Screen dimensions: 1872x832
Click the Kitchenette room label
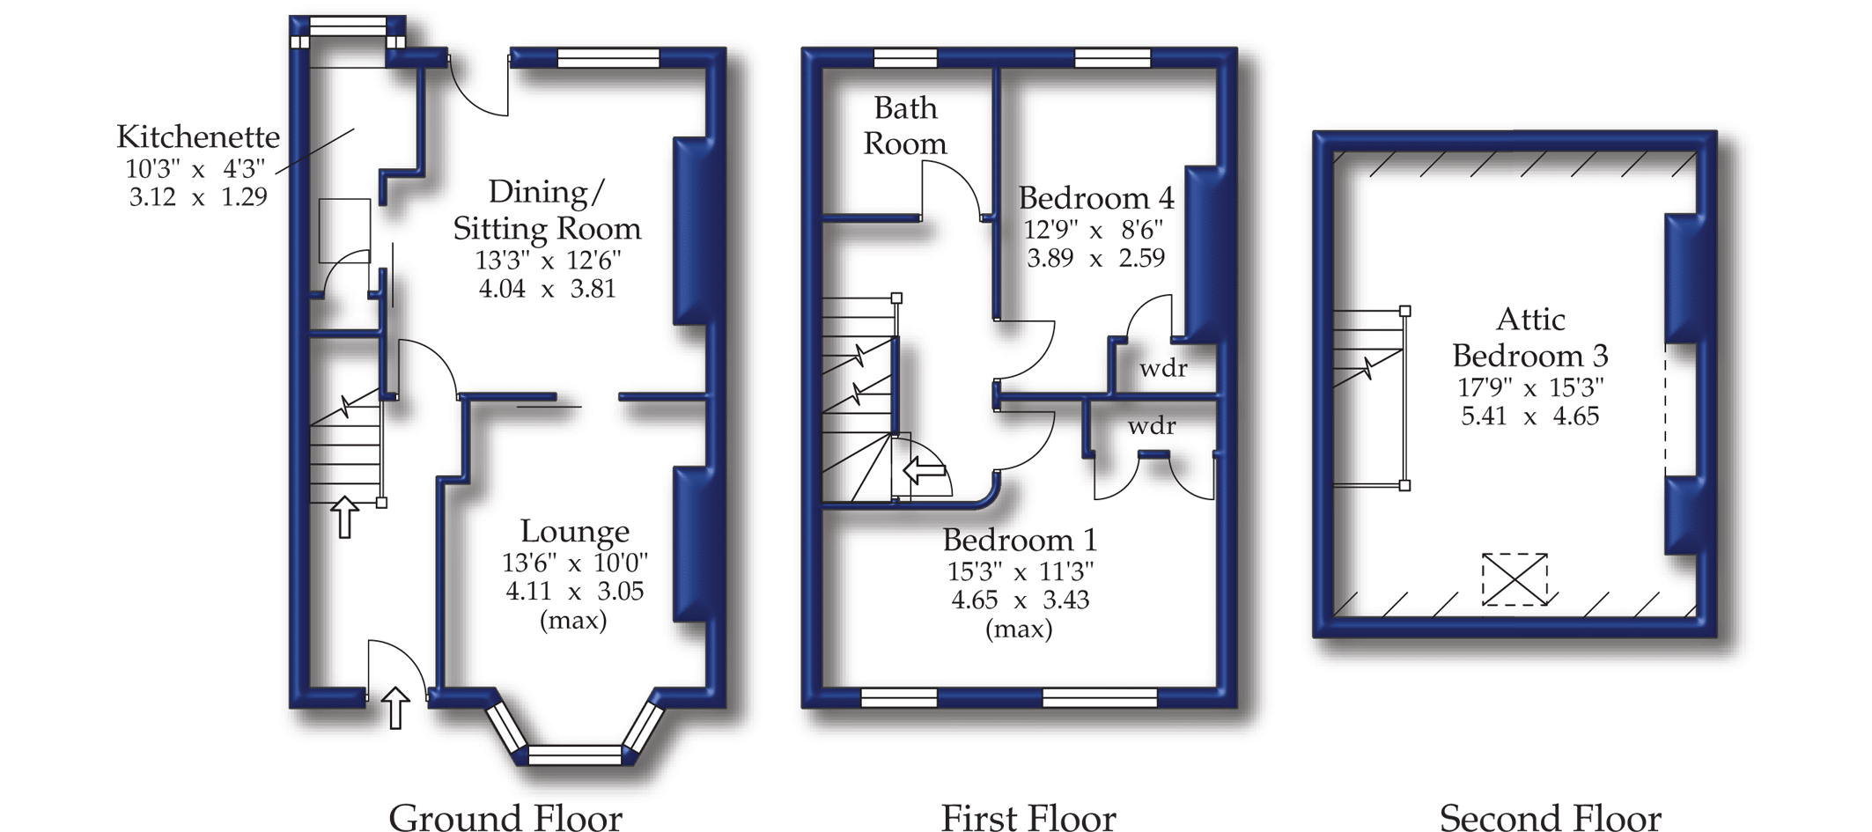pos(198,137)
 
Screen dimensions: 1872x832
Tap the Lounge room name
pos(574,532)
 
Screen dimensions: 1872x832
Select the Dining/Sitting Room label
pos(547,210)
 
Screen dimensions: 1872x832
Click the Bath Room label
pos(905,126)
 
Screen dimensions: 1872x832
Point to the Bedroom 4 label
pos(1096,198)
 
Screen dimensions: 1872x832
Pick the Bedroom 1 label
pos(1020,540)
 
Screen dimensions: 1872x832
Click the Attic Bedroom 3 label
pos(1530,337)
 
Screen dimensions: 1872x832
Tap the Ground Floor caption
pos(505,817)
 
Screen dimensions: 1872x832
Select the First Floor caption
pos(1028,817)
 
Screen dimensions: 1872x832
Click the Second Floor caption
pos(1550,817)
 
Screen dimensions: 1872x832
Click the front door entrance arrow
pos(395,708)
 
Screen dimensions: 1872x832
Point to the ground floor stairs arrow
pos(344,517)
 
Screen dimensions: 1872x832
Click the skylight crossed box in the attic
pos(1515,578)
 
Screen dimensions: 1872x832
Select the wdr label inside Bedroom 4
pos(1163,368)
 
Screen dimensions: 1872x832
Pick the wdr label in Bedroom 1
pos(1152,426)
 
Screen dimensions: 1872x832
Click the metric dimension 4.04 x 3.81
pos(547,289)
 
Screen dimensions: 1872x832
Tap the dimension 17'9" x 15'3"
pos(1530,387)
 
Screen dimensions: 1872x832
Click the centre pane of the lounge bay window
pos(574,755)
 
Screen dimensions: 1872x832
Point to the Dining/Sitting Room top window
pos(608,58)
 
